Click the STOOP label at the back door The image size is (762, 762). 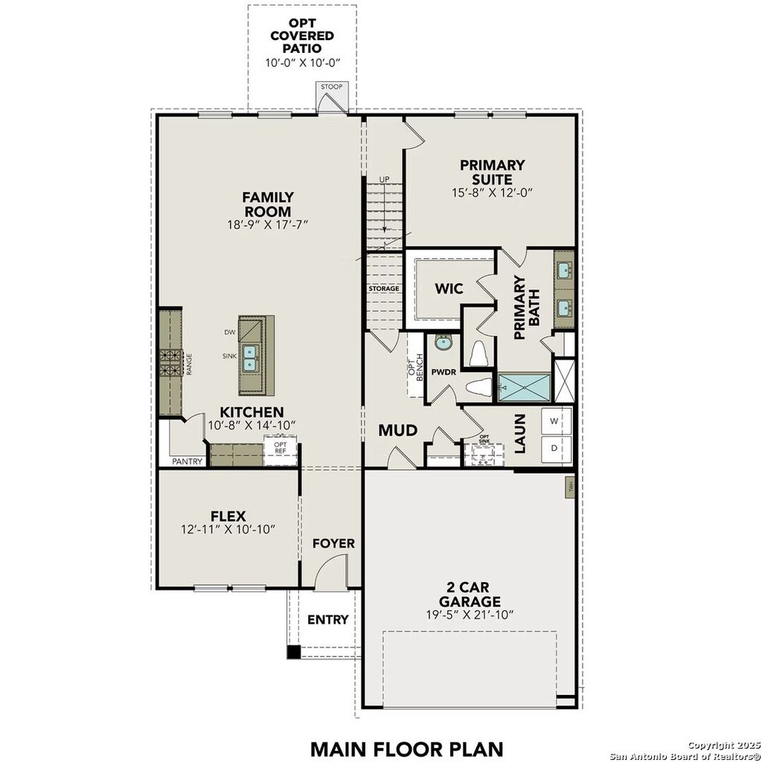point(332,87)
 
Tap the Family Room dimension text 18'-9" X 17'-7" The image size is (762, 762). point(268,223)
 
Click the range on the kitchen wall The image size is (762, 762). point(170,364)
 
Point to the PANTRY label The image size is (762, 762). point(188,461)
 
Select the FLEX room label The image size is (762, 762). point(228,515)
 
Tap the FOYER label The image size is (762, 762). point(333,543)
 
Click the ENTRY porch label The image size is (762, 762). point(328,619)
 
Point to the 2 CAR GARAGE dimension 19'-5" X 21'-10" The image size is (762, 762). point(469,615)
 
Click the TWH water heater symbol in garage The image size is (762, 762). point(570,487)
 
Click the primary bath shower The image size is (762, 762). point(525,386)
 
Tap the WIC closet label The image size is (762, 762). point(449,289)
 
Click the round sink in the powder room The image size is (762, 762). point(444,343)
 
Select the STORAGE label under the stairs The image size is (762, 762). point(384,288)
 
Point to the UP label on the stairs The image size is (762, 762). point(384,179)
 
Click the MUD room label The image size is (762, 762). point(397,430)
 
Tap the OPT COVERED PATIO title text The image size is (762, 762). point(302,36)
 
